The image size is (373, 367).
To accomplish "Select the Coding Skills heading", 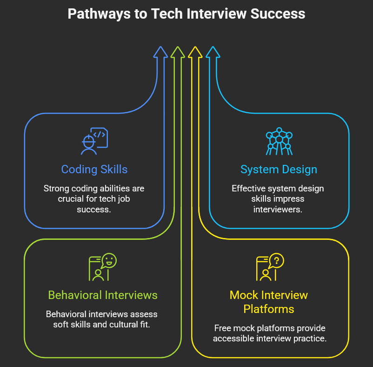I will coord(94,169).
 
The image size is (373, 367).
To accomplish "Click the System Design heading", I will coord(279,169).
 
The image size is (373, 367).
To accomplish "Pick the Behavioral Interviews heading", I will coord(103,295).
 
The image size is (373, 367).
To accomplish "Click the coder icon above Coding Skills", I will coord(94,141).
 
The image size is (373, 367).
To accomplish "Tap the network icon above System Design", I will coord(279,141).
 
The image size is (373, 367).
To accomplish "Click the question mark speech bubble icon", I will coord(270,267).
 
